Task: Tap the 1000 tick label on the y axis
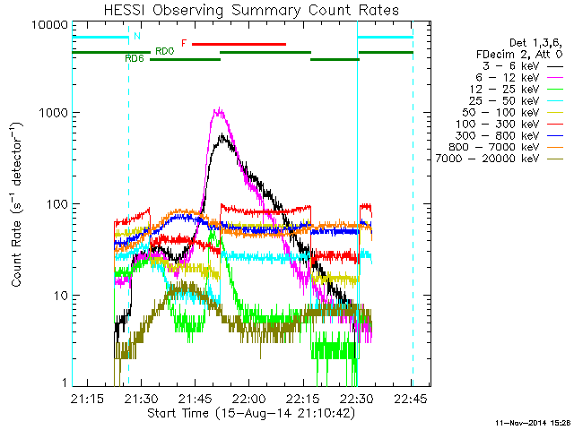51,114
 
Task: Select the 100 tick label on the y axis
55,204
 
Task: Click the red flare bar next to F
239,43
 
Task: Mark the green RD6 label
135,58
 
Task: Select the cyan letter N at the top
136,37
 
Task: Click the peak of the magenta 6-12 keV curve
218,109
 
